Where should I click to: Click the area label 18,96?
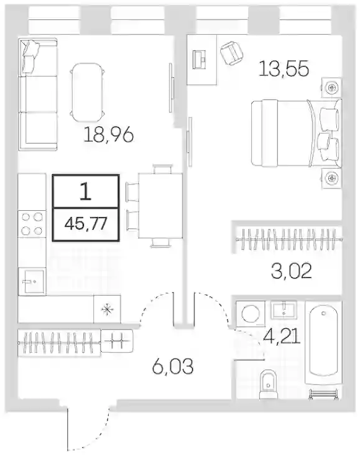tap(108, 135)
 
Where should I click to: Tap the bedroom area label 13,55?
tap(284, 69)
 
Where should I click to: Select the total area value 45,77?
tap(86, 223)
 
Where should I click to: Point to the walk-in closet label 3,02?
tap(291, 271)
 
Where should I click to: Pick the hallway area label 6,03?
tap(172, 366)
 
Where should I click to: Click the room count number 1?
tap(86, 192)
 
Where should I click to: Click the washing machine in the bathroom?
tap(251, 314)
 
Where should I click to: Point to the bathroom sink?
tap(284, 309)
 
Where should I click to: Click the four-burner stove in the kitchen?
tap(32, 223)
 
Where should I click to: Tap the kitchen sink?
tap(32, 282)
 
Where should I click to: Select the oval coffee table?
tap(87, 92)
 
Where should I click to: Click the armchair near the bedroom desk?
tap(231, 53)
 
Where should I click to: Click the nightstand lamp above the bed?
tap(331, 87)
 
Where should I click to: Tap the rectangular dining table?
tap(160, 206)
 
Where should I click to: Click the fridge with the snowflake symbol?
tap(107, 309)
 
